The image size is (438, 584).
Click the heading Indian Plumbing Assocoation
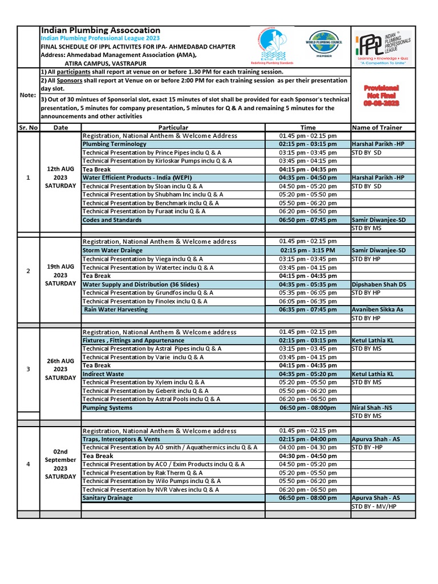pos(100,30)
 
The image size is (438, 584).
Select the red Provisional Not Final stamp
pos(382,95)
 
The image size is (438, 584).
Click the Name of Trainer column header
pos(377,128)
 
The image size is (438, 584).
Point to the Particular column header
pos(173,128)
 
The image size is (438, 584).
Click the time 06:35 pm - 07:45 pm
pos(307,310)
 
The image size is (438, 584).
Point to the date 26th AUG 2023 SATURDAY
pos(60,369)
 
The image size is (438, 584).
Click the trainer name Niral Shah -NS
pos(372,408)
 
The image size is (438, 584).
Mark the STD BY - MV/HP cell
pos(377,506)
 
